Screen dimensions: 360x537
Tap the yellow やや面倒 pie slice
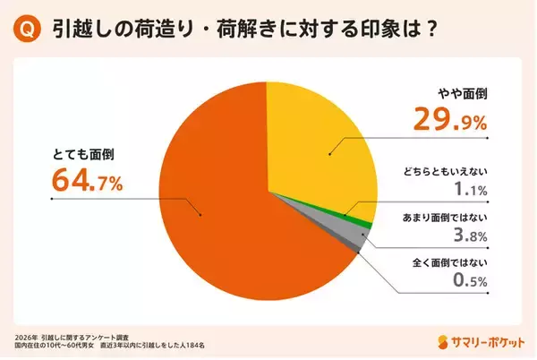coord(313,143)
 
